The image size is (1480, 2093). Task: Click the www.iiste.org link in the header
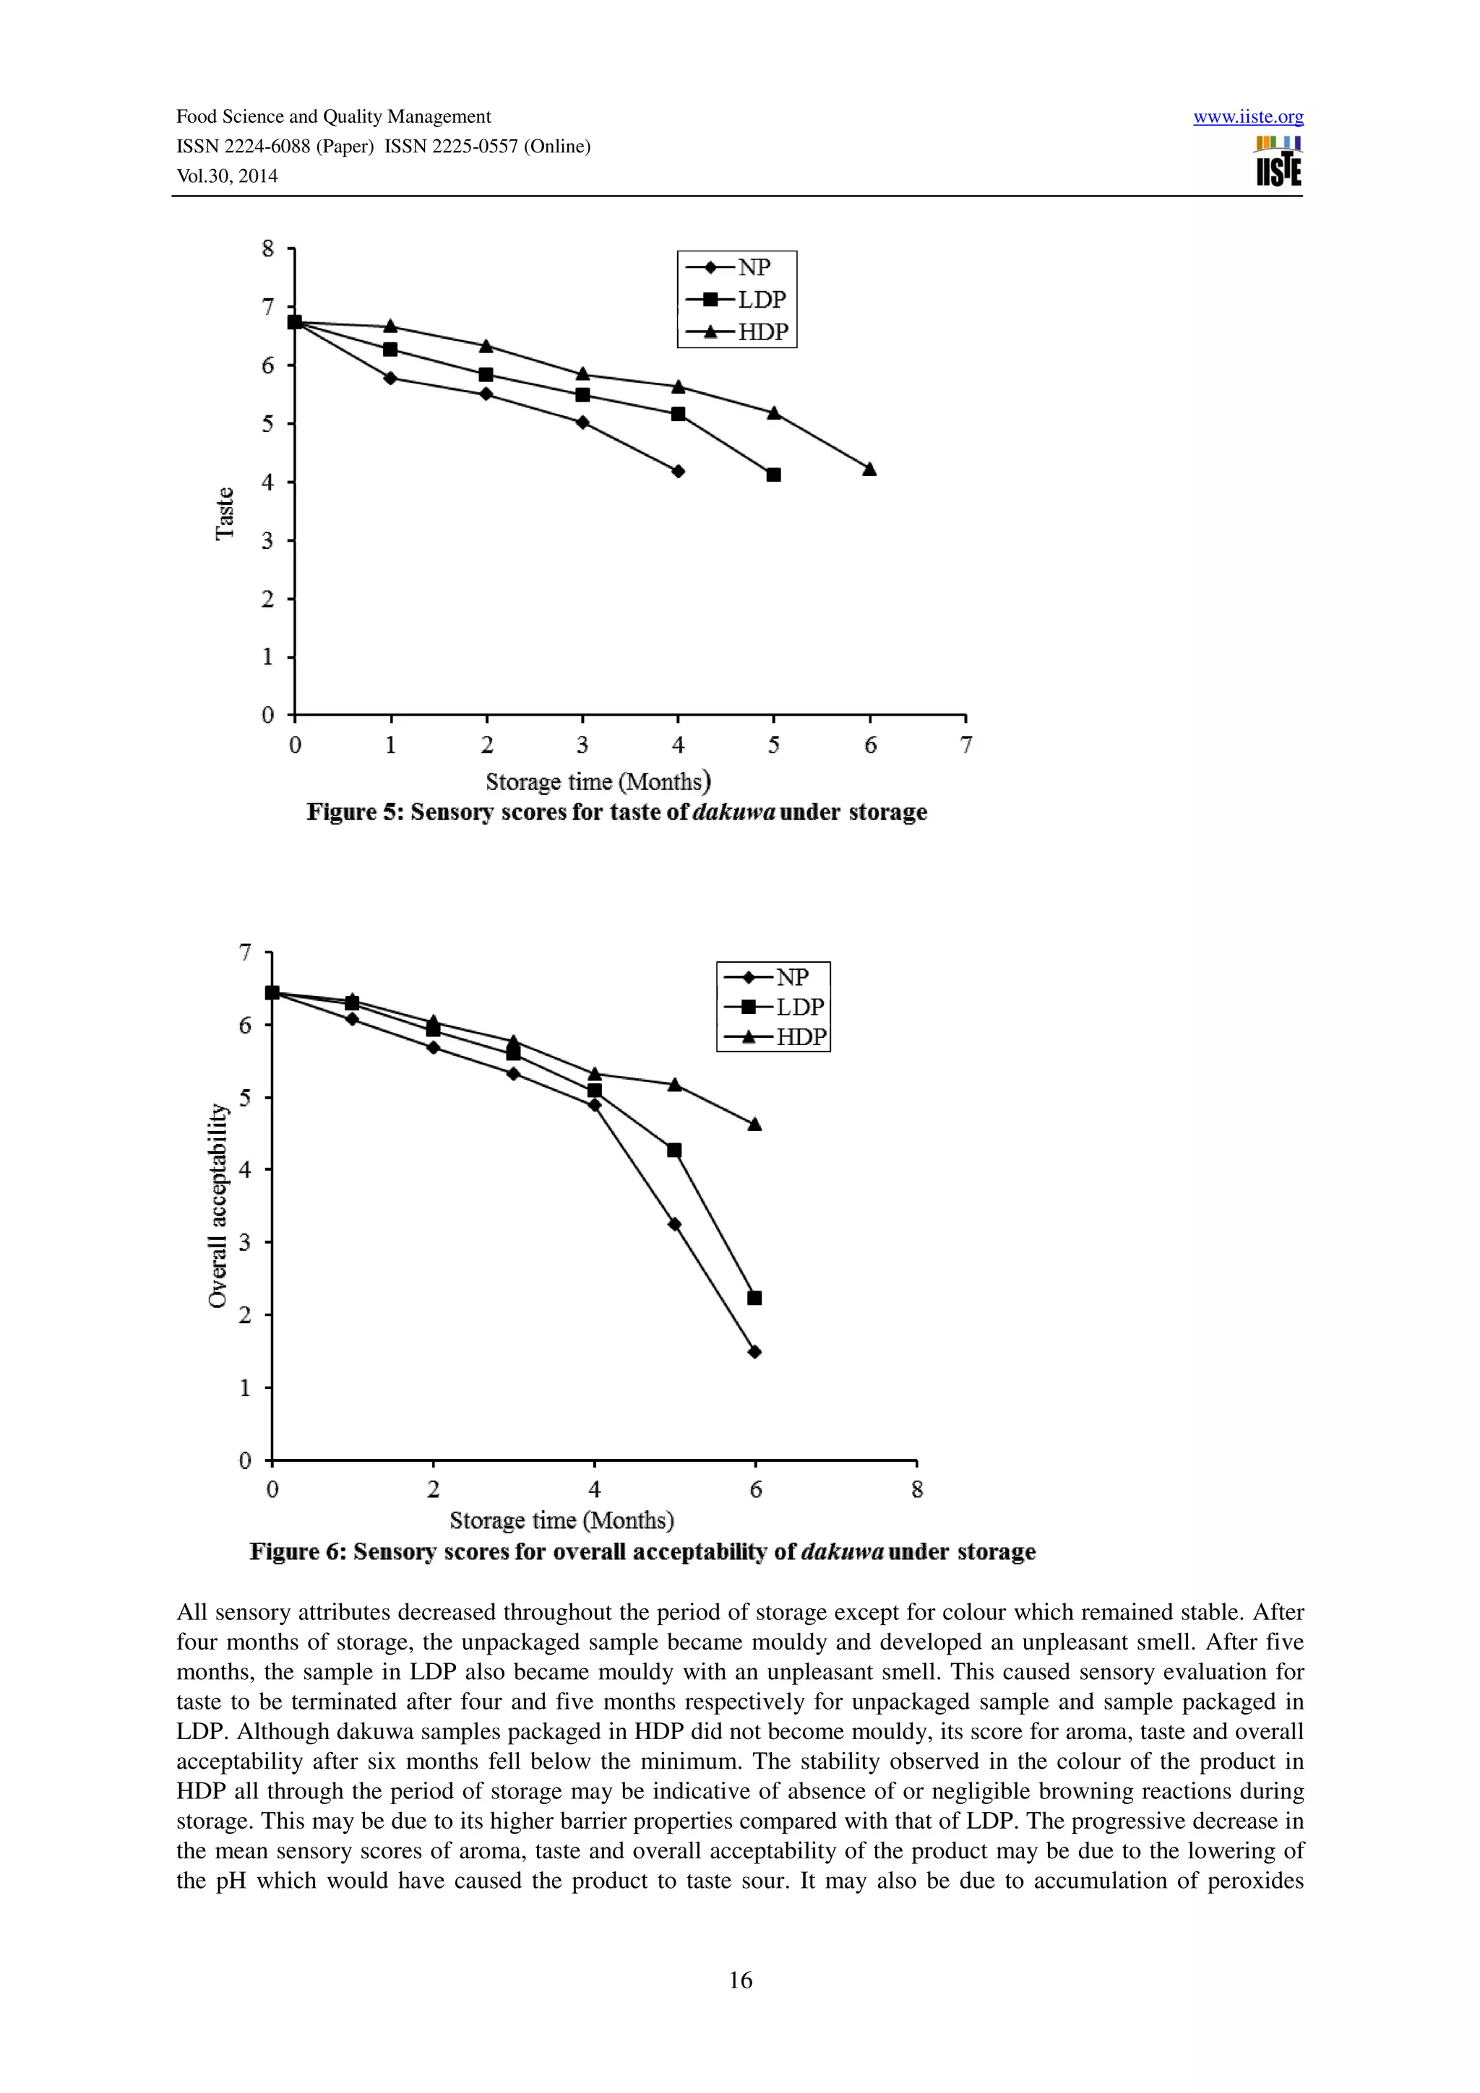pyautogui.click(x=1247, y=117)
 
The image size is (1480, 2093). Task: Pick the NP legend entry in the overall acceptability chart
pyautogui.click(x=773, y=977)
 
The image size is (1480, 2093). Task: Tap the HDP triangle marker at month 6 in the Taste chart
pyautogui.click(x=869, y=469)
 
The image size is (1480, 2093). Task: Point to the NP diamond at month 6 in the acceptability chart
pyautogui.click(x=754, y=1352)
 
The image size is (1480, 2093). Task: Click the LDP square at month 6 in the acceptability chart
pyautogui.click(x=754, y=1298)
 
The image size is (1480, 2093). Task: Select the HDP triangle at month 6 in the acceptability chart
pyautogui.click(x=754, y=1124)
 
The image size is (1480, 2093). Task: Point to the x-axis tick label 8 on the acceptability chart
pyautogui.click(x=916, y=1489)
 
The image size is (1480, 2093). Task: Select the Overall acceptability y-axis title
pyautogui.click(x=218, y=1205)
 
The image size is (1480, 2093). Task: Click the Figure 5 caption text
pyautogui.click(x=616, y=812)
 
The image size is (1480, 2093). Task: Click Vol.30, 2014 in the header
pyautogui.click(x=227, y=176)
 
